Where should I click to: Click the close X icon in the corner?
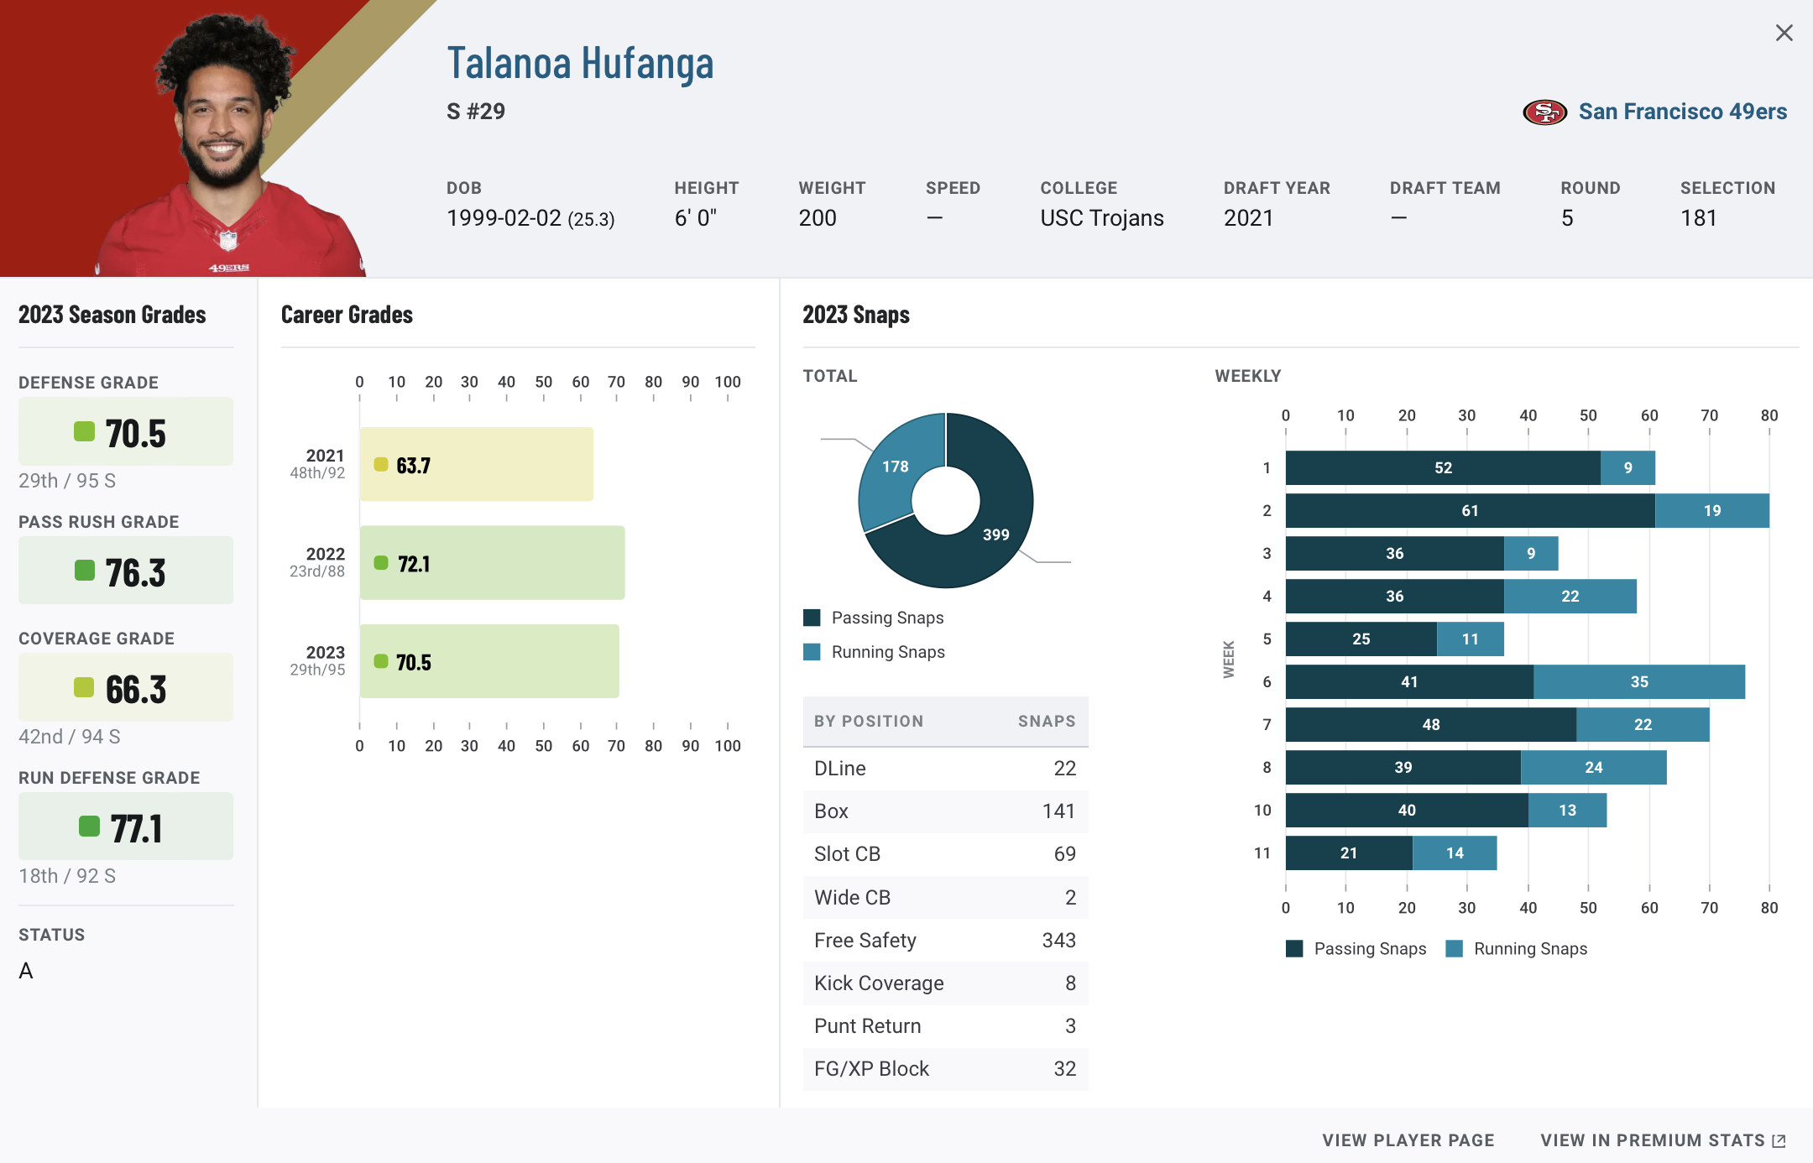(1784, 33)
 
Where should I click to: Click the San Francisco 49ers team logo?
(1544, 112)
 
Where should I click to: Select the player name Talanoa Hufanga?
(580, 64)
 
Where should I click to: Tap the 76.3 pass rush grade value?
(135, 572)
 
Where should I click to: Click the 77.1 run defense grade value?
(136, 828)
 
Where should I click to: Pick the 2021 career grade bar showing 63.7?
(476, 465)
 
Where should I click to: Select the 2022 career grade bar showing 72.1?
(492, 563)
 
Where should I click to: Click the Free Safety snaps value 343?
(1058, 941)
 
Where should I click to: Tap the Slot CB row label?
(847, 854)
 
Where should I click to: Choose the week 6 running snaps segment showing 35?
(1638, 682)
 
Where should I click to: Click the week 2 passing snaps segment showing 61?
(1470, 511)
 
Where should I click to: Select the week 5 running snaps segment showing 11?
(1470, 639)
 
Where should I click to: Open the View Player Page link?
(1408, 1140)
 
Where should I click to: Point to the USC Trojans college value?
(1101, 218)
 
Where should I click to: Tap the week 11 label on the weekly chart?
(1262, 853)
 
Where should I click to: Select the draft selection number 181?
(1698, 218)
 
